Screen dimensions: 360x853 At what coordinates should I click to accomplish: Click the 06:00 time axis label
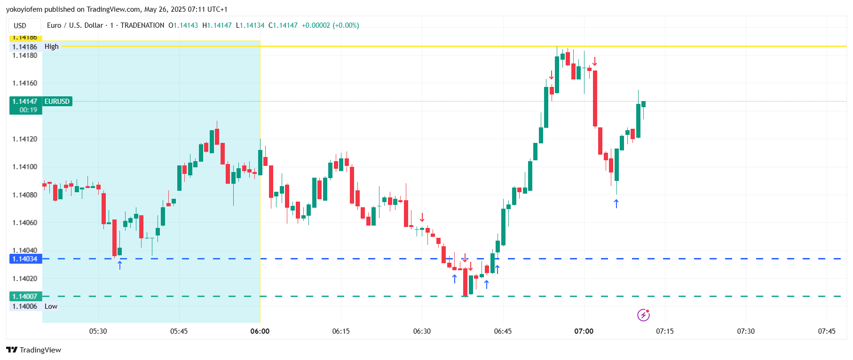click(x=260, y=331)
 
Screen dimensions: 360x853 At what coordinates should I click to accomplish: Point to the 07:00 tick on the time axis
click(x=584, y=331)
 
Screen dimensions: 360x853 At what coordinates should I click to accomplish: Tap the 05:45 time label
click(x=179, y=331)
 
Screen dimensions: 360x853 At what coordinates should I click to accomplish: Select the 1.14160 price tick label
click(x=25, y=83)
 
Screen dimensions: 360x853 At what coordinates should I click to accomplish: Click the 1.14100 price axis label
click(x=25, y=167)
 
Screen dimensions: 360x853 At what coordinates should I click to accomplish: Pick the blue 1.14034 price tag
click(x=25, y=259)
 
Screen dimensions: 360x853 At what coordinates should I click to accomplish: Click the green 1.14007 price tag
click(x=25, y=297)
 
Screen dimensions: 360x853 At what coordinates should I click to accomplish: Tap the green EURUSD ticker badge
click(x=57, y=102)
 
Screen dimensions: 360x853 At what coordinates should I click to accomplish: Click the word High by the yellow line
click(x=52, y=47)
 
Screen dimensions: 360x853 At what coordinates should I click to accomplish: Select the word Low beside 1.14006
click(x=51, y=306)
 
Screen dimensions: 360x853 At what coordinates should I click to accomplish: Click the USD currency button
click(x=20, y=26)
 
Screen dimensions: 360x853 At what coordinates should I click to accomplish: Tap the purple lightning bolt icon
click(x=643, y=315)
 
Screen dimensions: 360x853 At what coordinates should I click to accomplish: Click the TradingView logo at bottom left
click(x=34, y=350)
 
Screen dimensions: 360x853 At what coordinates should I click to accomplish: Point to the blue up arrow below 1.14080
click(x=616, y=203)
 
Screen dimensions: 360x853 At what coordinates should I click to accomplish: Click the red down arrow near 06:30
click(x=422, y=217)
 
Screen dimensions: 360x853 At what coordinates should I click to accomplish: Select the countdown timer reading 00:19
click(x=28, y=110)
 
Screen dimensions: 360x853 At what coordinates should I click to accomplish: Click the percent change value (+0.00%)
click(x=346, y=25)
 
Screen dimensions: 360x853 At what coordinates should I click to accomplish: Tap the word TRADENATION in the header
click(x=142, y=25)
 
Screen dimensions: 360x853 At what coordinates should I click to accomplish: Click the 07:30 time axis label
click(x=746, y=331)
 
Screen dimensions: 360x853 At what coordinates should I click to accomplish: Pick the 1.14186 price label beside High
click(x=25, y=47)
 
